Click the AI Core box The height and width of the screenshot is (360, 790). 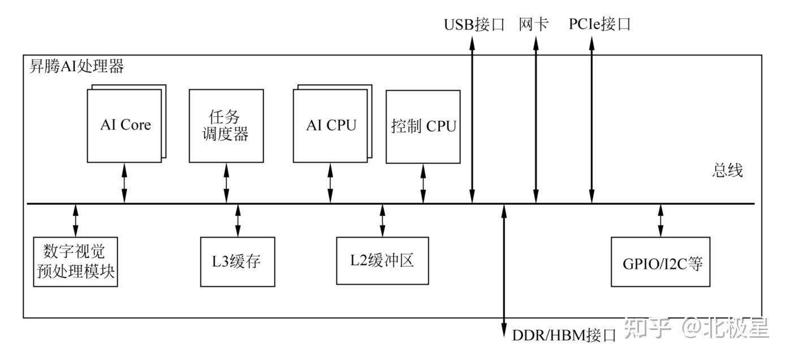tap(125, 125)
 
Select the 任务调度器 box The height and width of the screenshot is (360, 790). tap(226, 125)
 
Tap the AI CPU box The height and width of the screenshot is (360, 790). tap(331, 125)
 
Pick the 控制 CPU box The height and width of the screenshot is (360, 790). tap(423, 126)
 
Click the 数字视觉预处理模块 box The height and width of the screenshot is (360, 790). tap(76, 261)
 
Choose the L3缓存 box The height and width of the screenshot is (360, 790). tap(238, 262)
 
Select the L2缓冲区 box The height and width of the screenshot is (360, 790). tap(382, 261)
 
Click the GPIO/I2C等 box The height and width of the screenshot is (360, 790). tap(660, 262)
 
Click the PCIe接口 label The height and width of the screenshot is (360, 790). tap(599, 25)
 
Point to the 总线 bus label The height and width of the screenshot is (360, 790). tap(727, 171)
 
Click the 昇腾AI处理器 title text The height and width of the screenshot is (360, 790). tap(76, 67)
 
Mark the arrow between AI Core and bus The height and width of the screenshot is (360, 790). tap(125, 183)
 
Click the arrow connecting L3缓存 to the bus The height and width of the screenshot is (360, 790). tap(238, 220)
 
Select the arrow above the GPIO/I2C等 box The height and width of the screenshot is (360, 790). tap(660, 220)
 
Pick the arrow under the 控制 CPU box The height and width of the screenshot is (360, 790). tap(423, 183)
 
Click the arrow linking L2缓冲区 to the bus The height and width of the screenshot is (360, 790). tap(382, 220)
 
